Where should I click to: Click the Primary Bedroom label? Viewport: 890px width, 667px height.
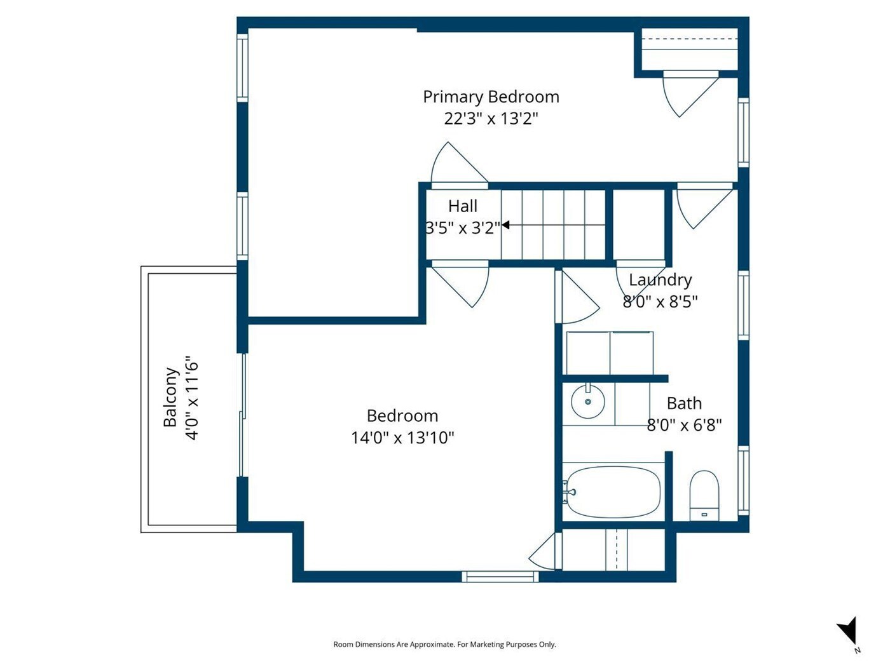(491, 97)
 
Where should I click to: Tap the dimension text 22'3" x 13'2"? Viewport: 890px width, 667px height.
(491, 119)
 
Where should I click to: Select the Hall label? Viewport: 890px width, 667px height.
(462, 206)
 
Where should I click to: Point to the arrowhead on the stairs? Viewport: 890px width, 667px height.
(505, 224)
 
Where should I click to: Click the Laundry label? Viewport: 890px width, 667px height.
(660, 280)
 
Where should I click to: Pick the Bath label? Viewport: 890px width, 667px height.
(684, 403)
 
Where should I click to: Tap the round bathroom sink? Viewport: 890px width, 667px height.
(587, 401)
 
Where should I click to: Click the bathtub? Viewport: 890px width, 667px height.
(613, 492)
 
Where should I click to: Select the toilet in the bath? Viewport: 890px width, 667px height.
(704, 495)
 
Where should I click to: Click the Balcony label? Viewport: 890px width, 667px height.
(171, 397)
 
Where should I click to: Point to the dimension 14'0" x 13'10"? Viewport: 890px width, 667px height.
(402, 438)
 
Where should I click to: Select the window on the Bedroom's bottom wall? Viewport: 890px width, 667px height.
(500, 576)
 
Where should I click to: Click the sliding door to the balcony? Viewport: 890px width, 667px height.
(242, 415)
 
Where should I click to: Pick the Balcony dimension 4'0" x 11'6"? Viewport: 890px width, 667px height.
(192, 398)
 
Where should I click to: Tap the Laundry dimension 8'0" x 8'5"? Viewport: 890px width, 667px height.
(660, 302)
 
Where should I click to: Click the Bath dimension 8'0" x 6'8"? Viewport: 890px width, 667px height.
(684, 425)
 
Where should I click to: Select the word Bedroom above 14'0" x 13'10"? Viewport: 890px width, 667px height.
(402, 416)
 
